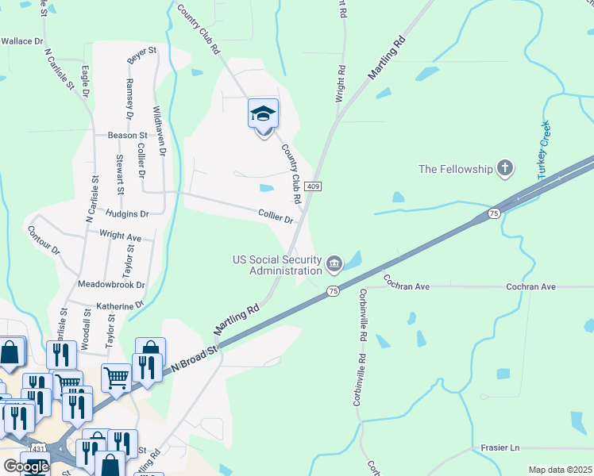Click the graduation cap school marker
click(263, 114)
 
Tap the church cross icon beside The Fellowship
click(503, 168)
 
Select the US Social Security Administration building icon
click(334, 262)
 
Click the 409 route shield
click(314, 186)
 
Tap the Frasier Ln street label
click(500, 447)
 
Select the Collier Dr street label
click(276, 214)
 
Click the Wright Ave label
click(120, 236)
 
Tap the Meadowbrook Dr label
click(111, 284)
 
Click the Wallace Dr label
click(21, 40)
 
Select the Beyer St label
click(143, 57)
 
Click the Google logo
click(25, 466)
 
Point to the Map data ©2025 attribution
click(560, 470)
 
